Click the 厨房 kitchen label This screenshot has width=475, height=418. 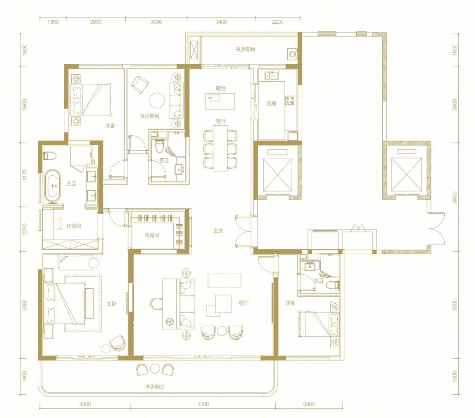click(271, 104)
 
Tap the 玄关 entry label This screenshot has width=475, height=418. click(218, 231)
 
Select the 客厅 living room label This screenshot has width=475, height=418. click(244, 303)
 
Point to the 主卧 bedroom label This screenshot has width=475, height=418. click(111, 304)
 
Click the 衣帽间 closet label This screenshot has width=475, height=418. click(152, 235)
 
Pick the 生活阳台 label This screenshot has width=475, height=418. click(246, 49)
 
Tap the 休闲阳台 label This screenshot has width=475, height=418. click(155, 386)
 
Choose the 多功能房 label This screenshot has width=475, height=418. click(150, 116)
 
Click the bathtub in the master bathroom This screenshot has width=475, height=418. click(53, 186)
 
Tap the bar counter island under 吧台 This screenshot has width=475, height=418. click(220, 101)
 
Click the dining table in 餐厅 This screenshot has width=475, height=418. click(220, 148)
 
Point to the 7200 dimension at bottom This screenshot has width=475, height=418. click(203, 404)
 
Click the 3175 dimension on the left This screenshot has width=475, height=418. click(25, 174)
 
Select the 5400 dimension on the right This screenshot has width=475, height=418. click(454, 197)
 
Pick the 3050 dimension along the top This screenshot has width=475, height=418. click(156, 22)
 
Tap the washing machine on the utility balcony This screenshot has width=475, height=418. click(292, 54)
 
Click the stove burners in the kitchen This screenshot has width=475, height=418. click(290, 100)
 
